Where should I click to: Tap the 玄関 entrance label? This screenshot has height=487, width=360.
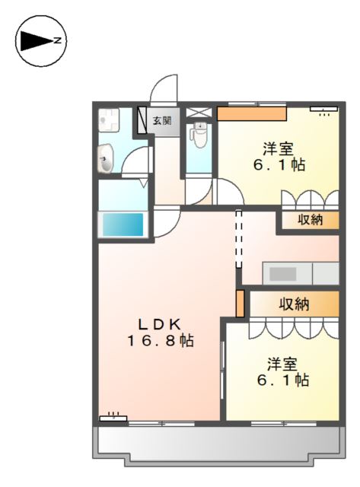161,120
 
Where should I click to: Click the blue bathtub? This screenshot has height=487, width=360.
123,224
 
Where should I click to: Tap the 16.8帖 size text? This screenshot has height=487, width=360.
160,342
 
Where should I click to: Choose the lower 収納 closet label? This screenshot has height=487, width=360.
294,304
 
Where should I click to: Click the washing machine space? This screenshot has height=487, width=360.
109,121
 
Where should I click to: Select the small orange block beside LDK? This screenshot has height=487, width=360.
241,303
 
